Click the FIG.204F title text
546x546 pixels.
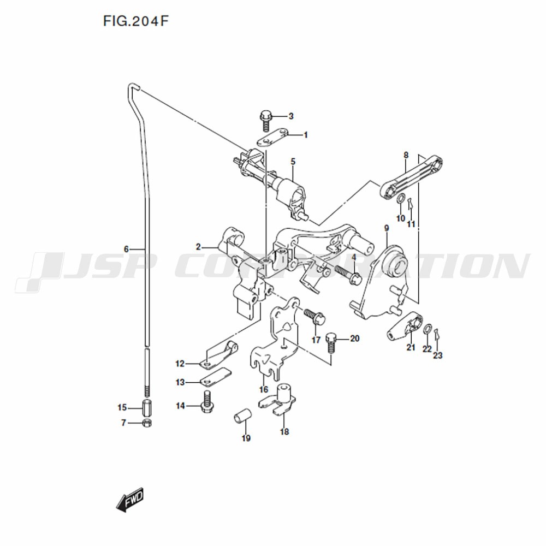[136, 21]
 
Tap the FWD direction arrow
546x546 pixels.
[130, 500]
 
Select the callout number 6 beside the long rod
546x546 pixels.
[126, 249]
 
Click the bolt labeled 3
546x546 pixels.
[266, 120]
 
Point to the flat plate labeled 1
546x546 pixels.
[272, 138]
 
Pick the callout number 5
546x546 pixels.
[293, 162]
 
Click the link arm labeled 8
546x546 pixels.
[411, 176]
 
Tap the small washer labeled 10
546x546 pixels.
[400, 199]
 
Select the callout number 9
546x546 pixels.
[387, 228]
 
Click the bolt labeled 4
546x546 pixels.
[348, 275]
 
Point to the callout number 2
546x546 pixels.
[198, 247]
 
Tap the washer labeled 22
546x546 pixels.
[428, 329]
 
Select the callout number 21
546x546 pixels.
[411, 347]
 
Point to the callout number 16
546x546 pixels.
[264, 389]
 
